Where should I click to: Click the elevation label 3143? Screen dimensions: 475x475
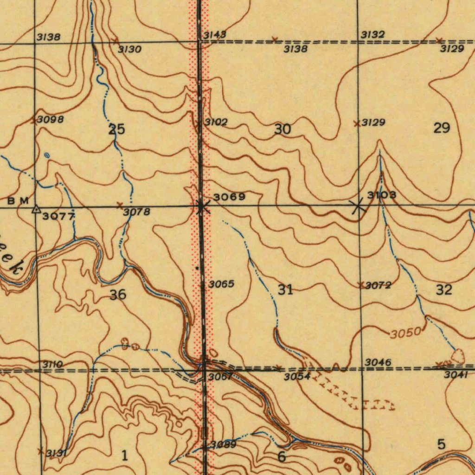(x=214, y=35)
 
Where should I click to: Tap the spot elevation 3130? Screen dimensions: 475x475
(x=129, y=49)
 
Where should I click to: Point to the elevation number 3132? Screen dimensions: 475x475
(x=372, y=35)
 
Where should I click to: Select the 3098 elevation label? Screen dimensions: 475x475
(x=50, y=119)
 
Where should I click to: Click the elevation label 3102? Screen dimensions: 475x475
(x=216, y=122)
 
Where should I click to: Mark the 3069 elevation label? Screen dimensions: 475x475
(x=229, y=197)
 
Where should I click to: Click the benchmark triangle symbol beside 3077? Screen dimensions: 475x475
(x=36, y=210)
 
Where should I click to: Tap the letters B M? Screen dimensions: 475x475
(x=19, y=200)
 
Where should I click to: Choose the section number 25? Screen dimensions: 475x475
(x=116, y=129)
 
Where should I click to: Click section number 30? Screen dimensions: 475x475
(x=282, y=129)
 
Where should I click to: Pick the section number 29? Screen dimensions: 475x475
(x=441, y=128)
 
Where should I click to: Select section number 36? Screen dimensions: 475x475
(x=118, y=294)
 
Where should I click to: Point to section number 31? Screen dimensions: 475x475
(x=285, y=290)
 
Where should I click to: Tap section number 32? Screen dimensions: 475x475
(x=443, y=290)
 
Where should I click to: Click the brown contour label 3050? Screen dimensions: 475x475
(x=405, y=333)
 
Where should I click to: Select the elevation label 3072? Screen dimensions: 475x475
(x=378, y=285)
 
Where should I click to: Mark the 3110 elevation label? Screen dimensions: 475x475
(x=52, y=365)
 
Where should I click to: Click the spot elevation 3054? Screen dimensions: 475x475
(x=297, y=376)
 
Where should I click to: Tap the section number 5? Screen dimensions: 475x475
(x=441, y=444)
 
